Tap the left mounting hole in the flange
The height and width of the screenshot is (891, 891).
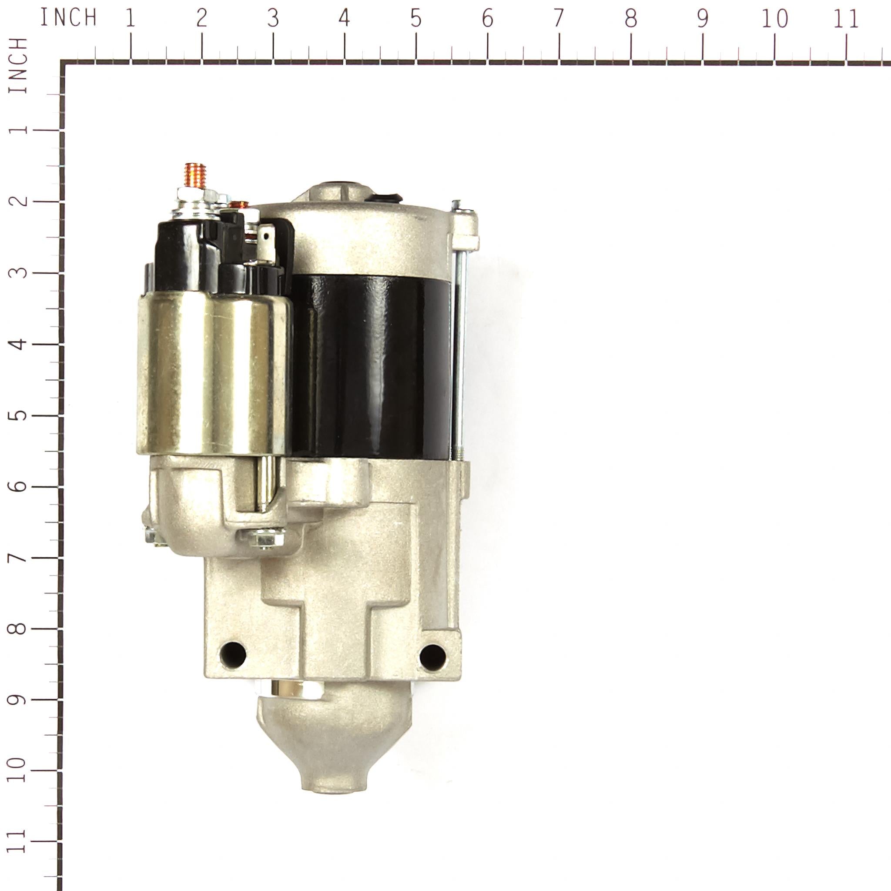coord(233,653)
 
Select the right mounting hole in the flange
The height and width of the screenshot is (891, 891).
coord(432,657)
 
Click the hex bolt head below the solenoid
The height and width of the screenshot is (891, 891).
coord(266,538)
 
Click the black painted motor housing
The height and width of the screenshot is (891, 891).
coord(371,367)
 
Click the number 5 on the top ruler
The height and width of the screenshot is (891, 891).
coord(415,19)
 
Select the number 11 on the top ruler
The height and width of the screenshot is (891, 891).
coord(846,19)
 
